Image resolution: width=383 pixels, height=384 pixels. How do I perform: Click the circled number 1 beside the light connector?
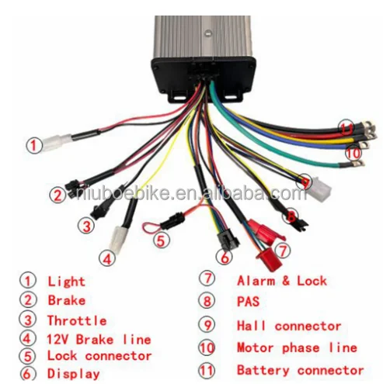coord(34,146)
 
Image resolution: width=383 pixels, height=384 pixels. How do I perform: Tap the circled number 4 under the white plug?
coord(107,258)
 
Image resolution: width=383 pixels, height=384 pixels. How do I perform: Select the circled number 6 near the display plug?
coord(225,258)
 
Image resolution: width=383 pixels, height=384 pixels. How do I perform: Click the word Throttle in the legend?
coord(77,320)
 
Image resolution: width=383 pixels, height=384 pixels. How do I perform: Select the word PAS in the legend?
coord(248,302)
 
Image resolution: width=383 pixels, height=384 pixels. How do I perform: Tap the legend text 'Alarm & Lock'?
coord(282,281)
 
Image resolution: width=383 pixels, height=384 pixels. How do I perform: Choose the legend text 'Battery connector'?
coord(301,370)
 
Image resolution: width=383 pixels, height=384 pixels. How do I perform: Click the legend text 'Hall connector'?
coord(289,326)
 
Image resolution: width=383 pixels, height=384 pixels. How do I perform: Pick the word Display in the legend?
coord(74,374)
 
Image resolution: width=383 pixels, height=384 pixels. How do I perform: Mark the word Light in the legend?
coord(67,282)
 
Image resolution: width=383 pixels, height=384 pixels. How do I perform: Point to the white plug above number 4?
coord(119,237)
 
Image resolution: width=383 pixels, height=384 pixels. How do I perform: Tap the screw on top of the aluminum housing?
coord(207,33)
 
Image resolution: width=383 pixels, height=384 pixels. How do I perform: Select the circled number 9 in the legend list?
coord(207,325)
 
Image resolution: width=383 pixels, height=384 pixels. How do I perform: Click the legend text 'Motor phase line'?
coord(297,348)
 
